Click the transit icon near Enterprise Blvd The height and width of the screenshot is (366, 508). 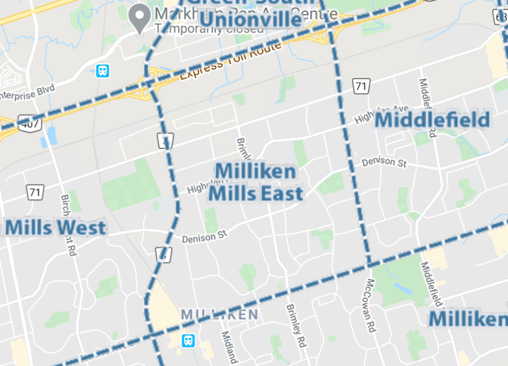pyautogui.click(x=103, y=71)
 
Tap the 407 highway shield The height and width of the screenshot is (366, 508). pyautogui.click(x=27, y=124)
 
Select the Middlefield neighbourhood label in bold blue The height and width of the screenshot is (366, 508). pyautogui.click(x=433, y=120)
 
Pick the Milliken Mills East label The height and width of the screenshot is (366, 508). pyautogui.click(x=256, y=182)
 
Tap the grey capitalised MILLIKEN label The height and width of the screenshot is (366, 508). pyautogui.click(x=219, y=315)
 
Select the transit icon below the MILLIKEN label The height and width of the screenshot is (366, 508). pyautogui.click(x=188, y=341)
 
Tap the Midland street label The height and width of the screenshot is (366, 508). pyautogui.click(x=228, y=348)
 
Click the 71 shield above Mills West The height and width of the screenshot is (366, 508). pyautogui.click(x=35, y=192)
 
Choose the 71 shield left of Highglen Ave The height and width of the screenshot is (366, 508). pyautogui.click(x=360, y=86)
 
